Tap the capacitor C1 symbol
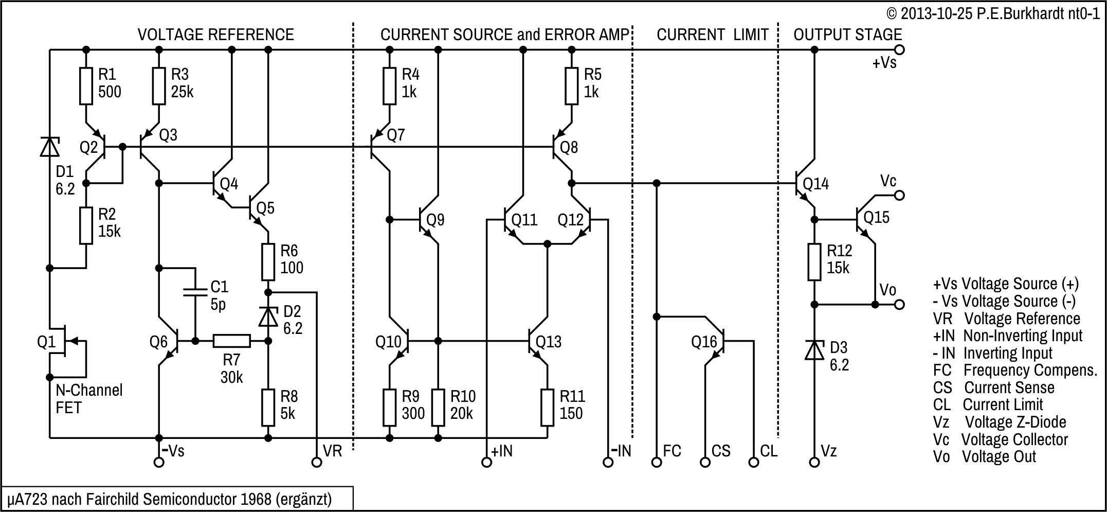[x=195, y=292]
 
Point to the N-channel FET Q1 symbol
[x=64, y=341]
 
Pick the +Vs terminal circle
[x=899, y=50]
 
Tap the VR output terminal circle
[x=317, y=462]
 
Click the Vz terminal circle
[x=814, y=462]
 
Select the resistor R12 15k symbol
[x=814, y=262]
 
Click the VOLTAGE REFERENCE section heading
[x=216, y=34]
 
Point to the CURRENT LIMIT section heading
[x=713, y=34]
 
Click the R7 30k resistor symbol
[x=231, y=341]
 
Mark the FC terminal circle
[x=657, y=462]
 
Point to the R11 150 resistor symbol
[x=547, y=408]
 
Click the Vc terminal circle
[x=899, y=196]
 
